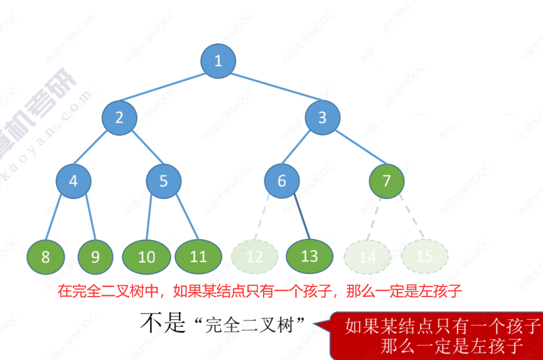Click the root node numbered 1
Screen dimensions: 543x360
click(218, 61)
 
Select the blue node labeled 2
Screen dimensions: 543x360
click(119, 117)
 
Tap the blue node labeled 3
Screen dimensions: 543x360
click(323, 117)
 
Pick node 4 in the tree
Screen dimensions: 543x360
click(73, 181)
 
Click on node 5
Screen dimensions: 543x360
click(164, 181)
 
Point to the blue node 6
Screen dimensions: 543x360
click(281, 181)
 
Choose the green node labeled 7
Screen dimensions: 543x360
click(387, 181)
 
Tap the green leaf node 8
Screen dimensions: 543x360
click(45, 256)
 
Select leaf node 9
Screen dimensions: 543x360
click(95, 256)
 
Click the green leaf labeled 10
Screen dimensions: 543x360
click(146, 256)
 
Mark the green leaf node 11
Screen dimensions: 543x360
click(198, 256)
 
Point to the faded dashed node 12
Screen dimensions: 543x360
click(254, 256)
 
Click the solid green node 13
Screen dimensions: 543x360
click(309, 256)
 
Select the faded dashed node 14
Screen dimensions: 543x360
click(368, 256)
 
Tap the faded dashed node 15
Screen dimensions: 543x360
click(425, 256)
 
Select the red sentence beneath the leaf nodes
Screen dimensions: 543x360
click(261, 291)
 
